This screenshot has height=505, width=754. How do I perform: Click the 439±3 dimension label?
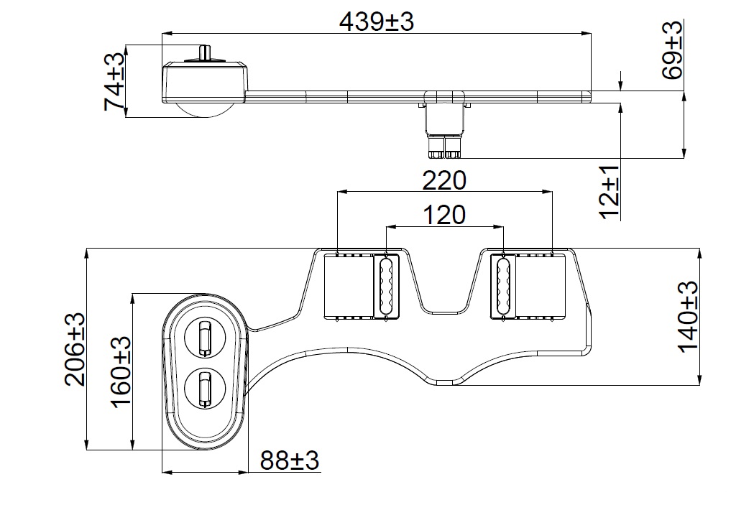pyautogui.click(x=377, y=22)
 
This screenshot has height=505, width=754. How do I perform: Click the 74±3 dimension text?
pyautogui.click(x=115, y=81)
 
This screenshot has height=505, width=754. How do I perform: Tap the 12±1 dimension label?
pyautogui.click(x=610, y=191)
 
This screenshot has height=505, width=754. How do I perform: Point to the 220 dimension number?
pyautogui.click(x=443, y=180)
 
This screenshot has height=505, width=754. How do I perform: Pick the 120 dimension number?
pyautogui.click(x=443, y=214)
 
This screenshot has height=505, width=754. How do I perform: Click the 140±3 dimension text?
pyautogui.click(x=688, y=316)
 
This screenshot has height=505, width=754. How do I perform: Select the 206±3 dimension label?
pyautogui.click(x=75, y=349)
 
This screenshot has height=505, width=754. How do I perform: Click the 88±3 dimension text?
pyautogui.click(x=289, y=460)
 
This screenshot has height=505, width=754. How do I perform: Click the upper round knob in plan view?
pyautogui.click(x=204, y=337)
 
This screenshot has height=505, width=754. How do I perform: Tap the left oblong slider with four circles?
pyautogui.click(x=385, y=286)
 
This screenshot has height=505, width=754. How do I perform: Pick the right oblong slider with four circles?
pyautogui.click(x=502, y=286)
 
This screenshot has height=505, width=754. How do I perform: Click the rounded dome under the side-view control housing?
pyautogui.click(x=204, y=108)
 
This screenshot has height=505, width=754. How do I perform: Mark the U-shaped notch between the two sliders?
pyautogui.click(x=443, y=287)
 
